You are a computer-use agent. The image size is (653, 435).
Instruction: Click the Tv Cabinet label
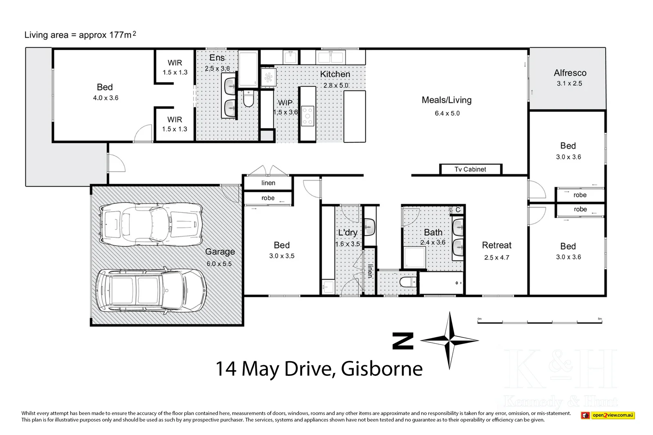pos(470,169)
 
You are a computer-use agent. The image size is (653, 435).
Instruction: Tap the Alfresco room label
pos(570,73)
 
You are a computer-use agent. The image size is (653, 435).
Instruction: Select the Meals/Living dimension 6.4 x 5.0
pos(447,113)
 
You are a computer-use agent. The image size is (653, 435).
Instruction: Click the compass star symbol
pos(449,340)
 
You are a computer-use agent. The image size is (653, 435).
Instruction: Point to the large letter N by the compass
pos(402,341)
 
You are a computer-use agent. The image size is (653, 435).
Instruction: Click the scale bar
pos(540,322)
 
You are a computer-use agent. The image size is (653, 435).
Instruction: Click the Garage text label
pos(220,252)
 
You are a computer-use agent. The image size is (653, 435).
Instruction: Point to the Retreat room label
pos(496,245)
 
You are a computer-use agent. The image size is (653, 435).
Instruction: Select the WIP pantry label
pos(285,103)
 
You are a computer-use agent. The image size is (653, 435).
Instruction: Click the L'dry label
pos(347,233)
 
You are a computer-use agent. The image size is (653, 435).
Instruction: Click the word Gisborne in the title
pos(382,369)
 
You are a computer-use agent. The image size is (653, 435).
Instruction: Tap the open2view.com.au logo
pos(607,415)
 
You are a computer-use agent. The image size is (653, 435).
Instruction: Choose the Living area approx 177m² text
pos(80,35)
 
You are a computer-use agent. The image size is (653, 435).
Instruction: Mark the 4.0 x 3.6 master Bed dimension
pos(105,98)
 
